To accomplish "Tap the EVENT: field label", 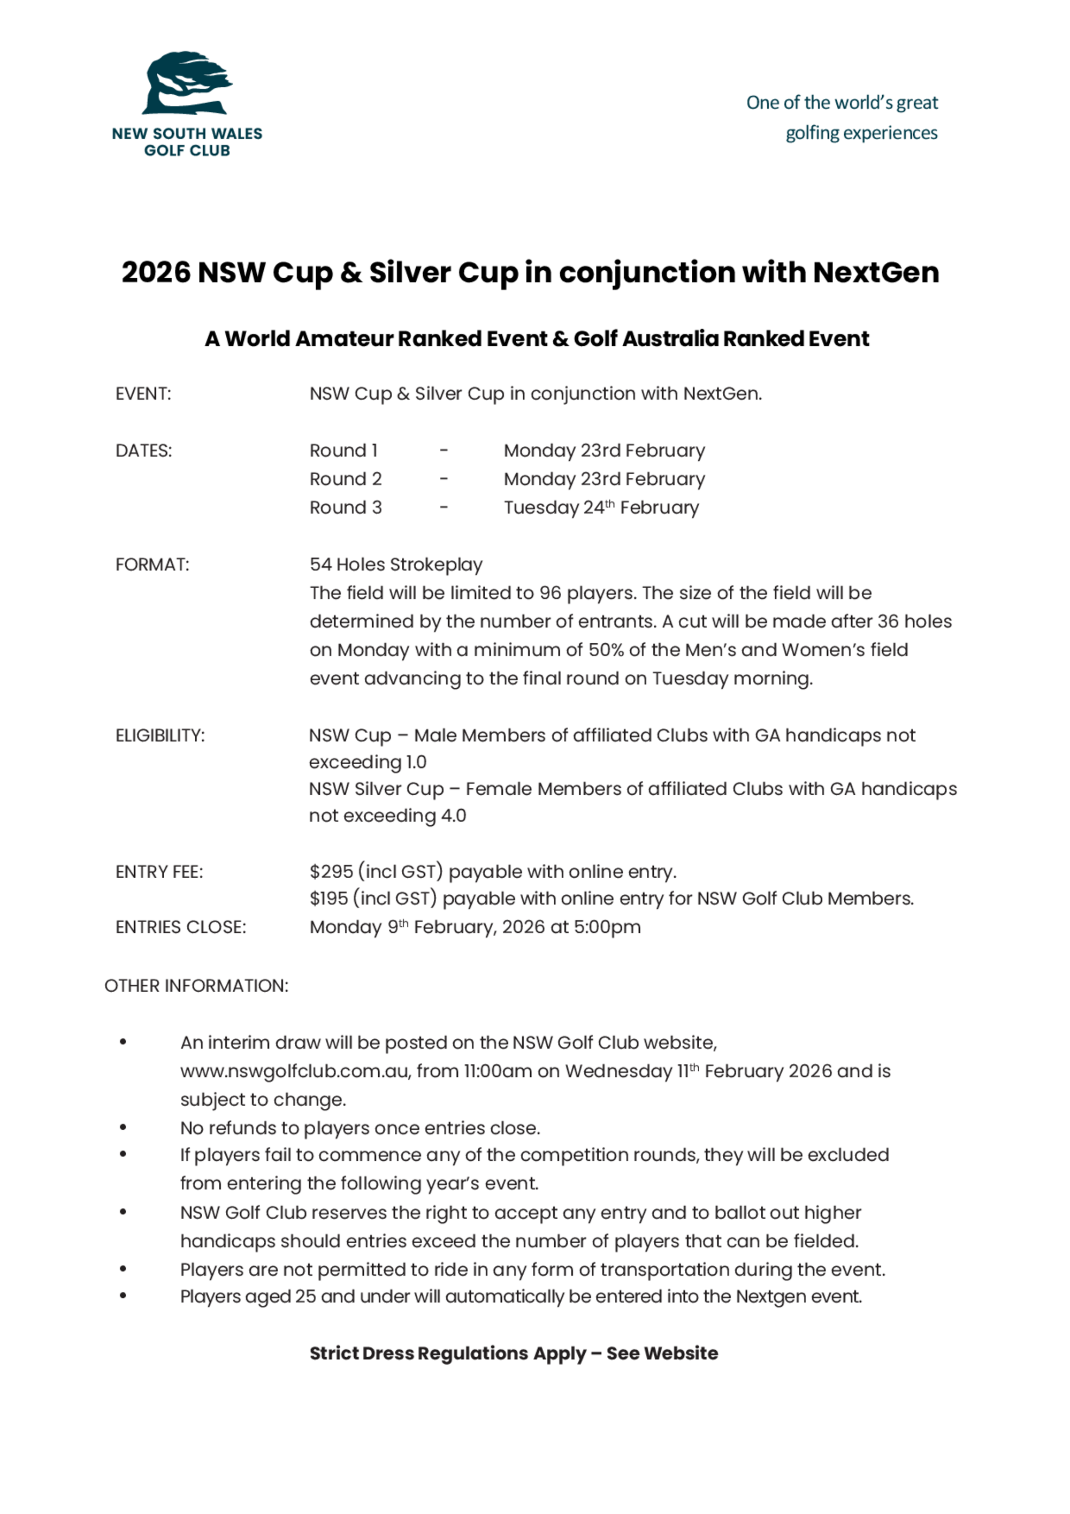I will coord(143,394).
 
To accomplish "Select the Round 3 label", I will coord(346,508).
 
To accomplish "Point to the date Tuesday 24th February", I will coord(601,508).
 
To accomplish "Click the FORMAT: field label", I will coord(152,565).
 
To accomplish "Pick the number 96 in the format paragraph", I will coord(550,593).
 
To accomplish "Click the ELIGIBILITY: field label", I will coord(160,735).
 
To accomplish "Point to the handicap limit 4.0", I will coord(454,816).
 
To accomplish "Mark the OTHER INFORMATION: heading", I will coord(196,986).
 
